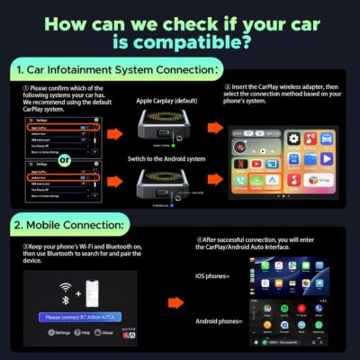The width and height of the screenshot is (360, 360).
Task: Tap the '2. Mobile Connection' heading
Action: pyautogui.click(x=73, y=223)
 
